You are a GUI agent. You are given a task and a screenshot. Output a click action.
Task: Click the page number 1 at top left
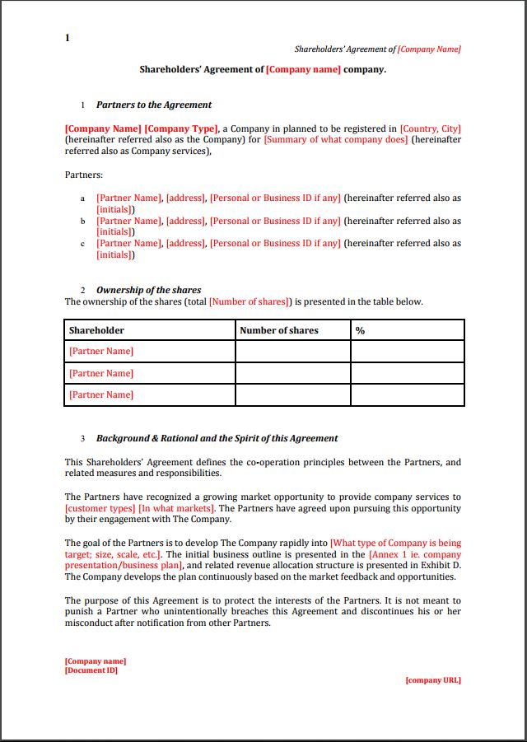68,38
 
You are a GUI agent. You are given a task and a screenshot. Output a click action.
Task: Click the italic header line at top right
377,49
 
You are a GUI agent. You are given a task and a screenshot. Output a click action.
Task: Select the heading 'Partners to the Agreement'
153,105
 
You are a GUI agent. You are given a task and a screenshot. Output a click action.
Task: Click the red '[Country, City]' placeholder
430,128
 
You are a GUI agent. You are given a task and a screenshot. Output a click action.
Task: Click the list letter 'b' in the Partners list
82,222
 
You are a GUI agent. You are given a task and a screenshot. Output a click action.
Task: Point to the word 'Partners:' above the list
84,175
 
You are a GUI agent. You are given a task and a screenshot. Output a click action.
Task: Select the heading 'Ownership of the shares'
148,290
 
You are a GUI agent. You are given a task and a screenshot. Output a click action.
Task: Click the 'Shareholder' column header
96,330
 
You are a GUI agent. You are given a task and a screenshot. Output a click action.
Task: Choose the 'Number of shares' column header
278,330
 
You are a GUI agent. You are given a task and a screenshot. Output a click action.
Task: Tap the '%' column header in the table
360,330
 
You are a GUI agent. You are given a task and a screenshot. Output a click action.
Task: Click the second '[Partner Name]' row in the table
101,373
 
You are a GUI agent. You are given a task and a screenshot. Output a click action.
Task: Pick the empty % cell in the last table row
407,394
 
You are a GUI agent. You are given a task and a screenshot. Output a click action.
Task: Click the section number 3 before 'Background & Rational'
82,439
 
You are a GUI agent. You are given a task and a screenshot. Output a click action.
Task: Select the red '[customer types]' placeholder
100,508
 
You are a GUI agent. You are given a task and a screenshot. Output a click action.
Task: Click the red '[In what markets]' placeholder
176,508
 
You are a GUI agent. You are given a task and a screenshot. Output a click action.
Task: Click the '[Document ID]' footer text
91,670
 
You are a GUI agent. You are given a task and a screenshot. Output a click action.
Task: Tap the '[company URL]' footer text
433,680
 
